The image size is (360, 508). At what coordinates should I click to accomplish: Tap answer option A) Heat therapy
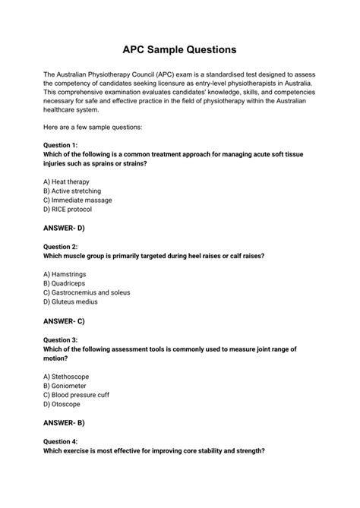pos(67,182)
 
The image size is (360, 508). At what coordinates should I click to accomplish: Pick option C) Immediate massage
pos(77,200)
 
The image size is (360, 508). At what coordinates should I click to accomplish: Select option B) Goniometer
pos(67,386)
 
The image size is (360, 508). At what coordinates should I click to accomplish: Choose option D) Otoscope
pos(62,404)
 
